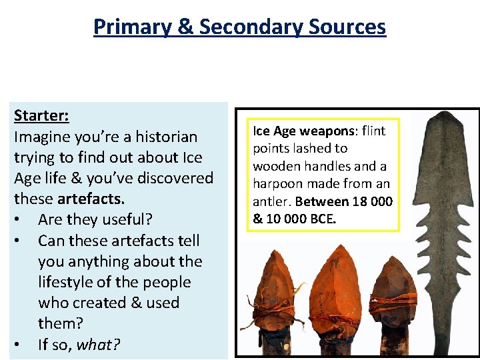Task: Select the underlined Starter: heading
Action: pyautogui.click(x=41, y=116)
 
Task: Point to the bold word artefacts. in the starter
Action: pyautogui.click(x=91, y=199)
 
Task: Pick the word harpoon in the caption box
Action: pyautogui.click(x=275, y=183)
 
